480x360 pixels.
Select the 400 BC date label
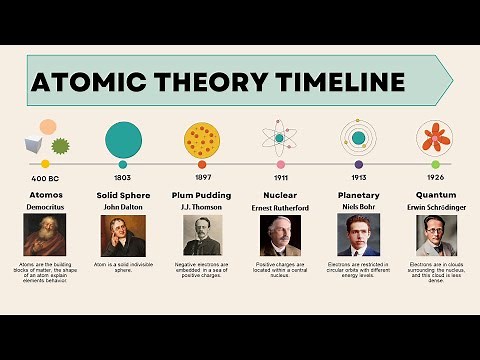pyautogui.click(x=44, y=178)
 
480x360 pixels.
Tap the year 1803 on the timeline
pyautogui.click(x=122, y=178)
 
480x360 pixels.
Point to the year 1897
pyautogui.click(x=201, y=178)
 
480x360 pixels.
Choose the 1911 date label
pyautogui.click(x=280, y=178)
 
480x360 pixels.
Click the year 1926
pyautogui.click(x=435, y=178)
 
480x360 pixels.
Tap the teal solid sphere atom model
pyautogui.click(x=123, y=136)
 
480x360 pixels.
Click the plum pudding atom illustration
pyautogui.click(x=202, y=138)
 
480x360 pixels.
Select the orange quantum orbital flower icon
pyautogui.click(x=435, y=137)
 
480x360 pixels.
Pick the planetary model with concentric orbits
pyautogui.click(x=357, y=137)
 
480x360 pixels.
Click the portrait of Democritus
pyautogui.click(x=44, y=235)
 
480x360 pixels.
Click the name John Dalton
pyautogui.click(x=122, y=207)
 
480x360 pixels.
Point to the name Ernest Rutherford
pyautogui.click(x=280, y=207)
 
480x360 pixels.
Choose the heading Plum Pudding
pyautogui.click(x=201, y=195)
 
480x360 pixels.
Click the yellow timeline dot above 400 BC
pyautogui.click(x=45, y=164)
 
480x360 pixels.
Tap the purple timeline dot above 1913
pyautogui.click(x=358, y=164)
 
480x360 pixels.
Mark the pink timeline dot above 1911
pyautogui.click(x=280, y=164)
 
